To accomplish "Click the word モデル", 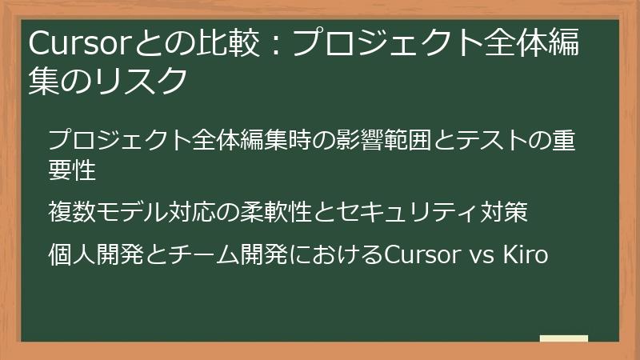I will pos(132,213).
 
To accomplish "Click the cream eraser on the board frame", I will pos(563,338).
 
